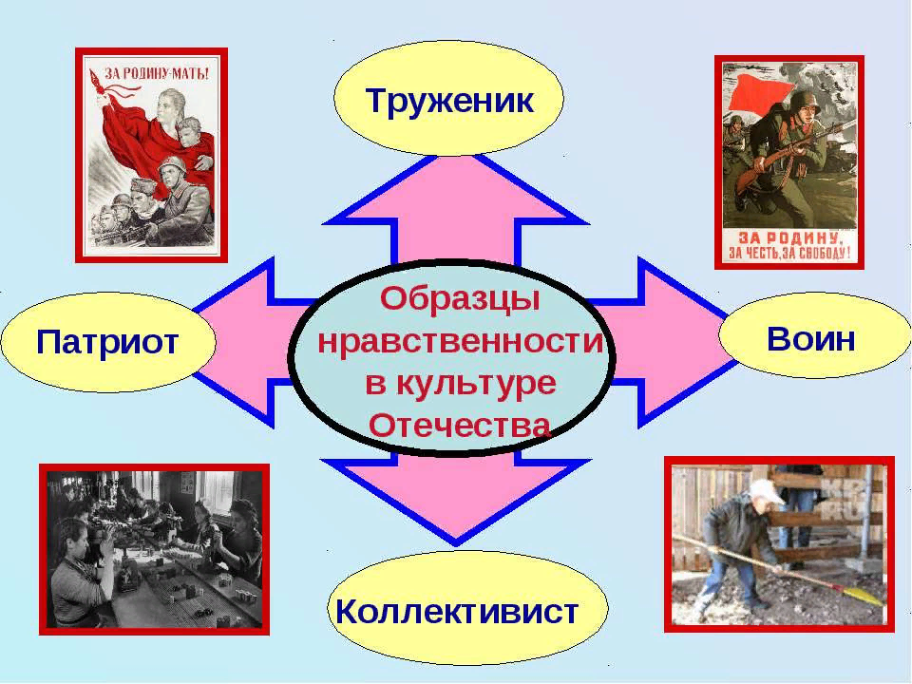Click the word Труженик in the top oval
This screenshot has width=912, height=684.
click(x=449, y=99)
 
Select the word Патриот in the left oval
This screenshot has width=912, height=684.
click(x=107, y=341)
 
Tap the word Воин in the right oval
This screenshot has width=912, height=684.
click(x=811, y=337)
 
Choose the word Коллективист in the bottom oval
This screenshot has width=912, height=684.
click(x=457, y=611)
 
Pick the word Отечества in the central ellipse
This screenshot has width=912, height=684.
click(x=460, y=425)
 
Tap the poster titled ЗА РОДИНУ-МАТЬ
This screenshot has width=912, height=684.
click(x=152, y=154)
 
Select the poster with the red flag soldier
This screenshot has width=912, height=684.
click(x=788, y=161)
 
